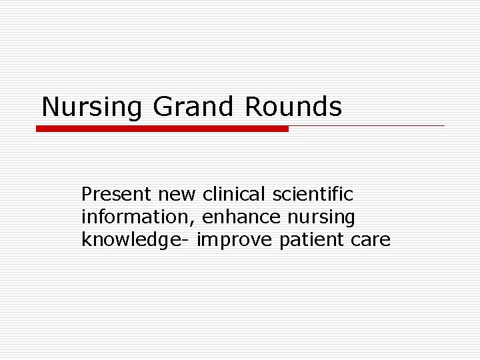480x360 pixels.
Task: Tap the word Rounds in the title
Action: click(293, 106)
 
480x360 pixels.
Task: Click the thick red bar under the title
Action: click(162, 129)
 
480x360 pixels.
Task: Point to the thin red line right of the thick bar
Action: click(367, 125)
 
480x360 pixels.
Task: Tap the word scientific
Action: click(313, 195)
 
